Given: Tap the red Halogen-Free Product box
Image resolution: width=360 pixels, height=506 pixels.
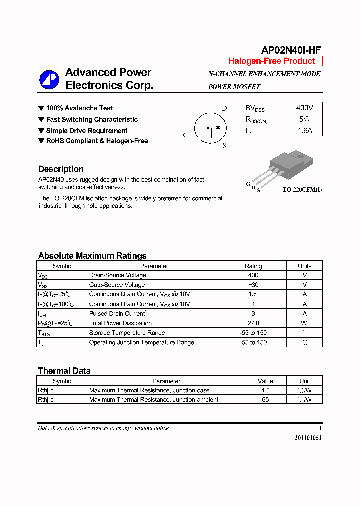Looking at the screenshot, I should [271, 61].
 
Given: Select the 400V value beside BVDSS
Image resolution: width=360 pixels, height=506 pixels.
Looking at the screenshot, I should [304, 108].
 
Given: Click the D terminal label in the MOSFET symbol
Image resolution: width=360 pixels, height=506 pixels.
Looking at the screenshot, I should [224, 108].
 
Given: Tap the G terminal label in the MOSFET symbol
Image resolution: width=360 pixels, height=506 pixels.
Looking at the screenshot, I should [186, 135].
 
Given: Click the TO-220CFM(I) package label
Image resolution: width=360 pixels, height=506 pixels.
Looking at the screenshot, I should [302, 190].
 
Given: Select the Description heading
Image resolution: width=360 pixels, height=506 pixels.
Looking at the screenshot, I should [61, 169].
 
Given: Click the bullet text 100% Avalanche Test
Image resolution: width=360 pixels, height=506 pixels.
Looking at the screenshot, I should [79, 108].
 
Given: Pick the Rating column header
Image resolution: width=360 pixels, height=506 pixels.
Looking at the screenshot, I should [253, 266].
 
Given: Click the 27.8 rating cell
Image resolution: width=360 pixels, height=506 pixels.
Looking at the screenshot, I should [253, 323].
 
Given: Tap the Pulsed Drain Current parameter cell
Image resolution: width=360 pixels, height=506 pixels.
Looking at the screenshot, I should [117, 314].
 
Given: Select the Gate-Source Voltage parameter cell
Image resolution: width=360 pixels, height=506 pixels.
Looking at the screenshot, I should [117, 285].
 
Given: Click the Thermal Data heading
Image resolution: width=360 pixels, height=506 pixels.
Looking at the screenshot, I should [64, 371].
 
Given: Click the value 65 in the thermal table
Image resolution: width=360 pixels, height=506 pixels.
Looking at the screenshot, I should [265, 400].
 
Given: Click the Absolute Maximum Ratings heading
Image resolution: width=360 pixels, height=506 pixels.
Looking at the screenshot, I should [92, 256].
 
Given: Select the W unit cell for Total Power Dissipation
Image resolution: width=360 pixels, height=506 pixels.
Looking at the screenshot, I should [304, 323].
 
